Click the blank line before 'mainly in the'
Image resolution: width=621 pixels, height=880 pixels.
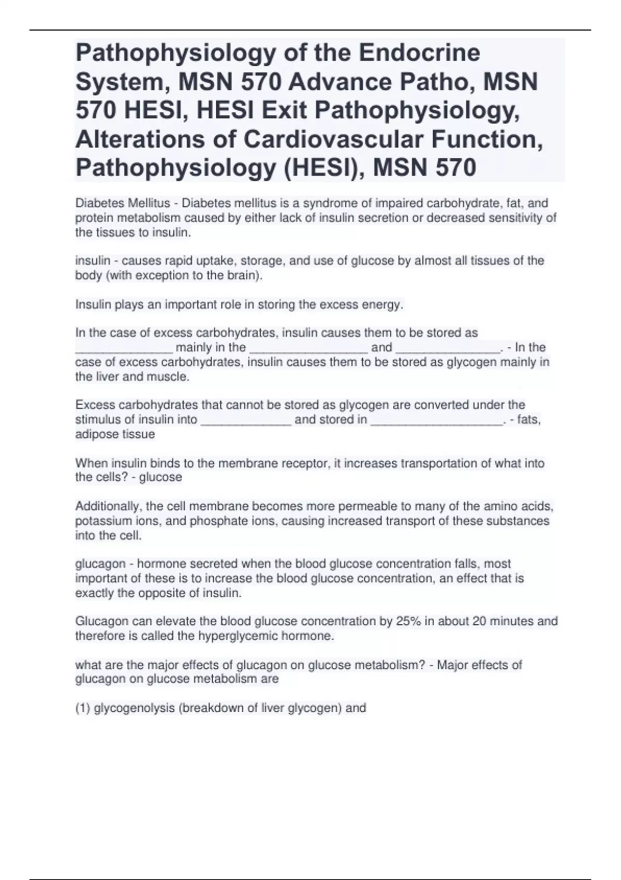(x=124, y=348)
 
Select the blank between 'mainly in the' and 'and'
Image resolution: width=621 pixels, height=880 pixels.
(x=308, y=348)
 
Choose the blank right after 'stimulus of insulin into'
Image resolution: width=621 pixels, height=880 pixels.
(x=245, y=421)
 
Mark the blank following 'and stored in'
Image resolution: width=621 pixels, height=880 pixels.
(x=437, y=421)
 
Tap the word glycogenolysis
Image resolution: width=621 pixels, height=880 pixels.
(x=135, y=708)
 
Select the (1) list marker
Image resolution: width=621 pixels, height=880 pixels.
(x=83, y=708)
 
